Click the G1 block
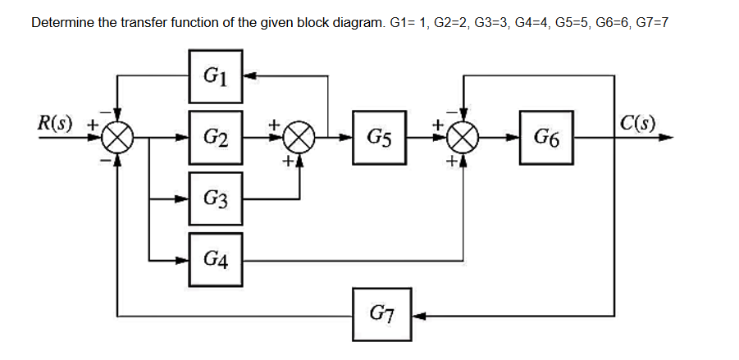tap(216, 76)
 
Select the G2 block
tap(216, 137)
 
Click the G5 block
tap(379, 137)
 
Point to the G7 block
tap(380, 314)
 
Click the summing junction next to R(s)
tap(119, 138)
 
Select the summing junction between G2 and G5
tap(299, 137)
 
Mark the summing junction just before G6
tap(464, 137)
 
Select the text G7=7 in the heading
tap(650, 22)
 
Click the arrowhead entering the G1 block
tap(249, 76)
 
